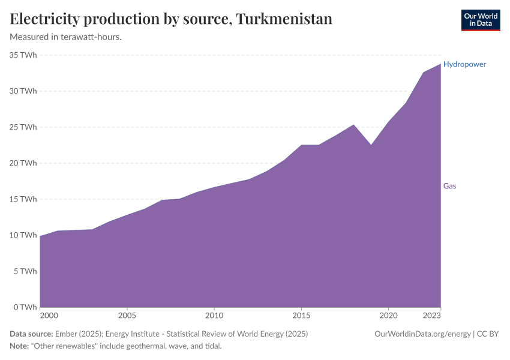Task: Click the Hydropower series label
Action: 464,64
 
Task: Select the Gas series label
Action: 449,186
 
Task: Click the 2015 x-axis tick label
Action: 301,315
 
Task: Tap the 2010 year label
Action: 214,315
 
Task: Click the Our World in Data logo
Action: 480,20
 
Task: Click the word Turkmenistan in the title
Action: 284,19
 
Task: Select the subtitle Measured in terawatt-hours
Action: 66,37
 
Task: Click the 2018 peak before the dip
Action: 354,125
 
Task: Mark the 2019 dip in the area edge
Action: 371,145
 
